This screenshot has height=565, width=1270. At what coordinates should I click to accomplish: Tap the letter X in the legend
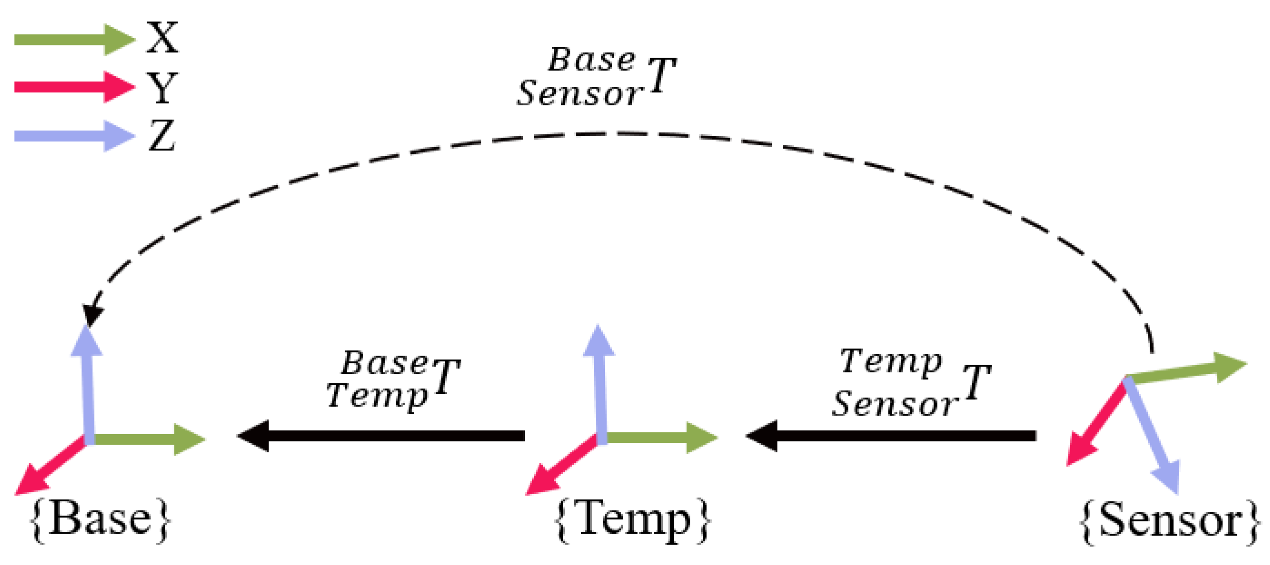tap(162, 38)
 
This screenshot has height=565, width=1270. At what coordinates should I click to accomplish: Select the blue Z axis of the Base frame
tap(88, 385)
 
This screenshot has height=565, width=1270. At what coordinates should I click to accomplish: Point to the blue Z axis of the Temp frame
tap(600, 385)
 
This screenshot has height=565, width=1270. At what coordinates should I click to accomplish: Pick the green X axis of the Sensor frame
tap(1183, 371)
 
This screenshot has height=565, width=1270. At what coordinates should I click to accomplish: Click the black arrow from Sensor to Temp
tap(892, 436)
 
